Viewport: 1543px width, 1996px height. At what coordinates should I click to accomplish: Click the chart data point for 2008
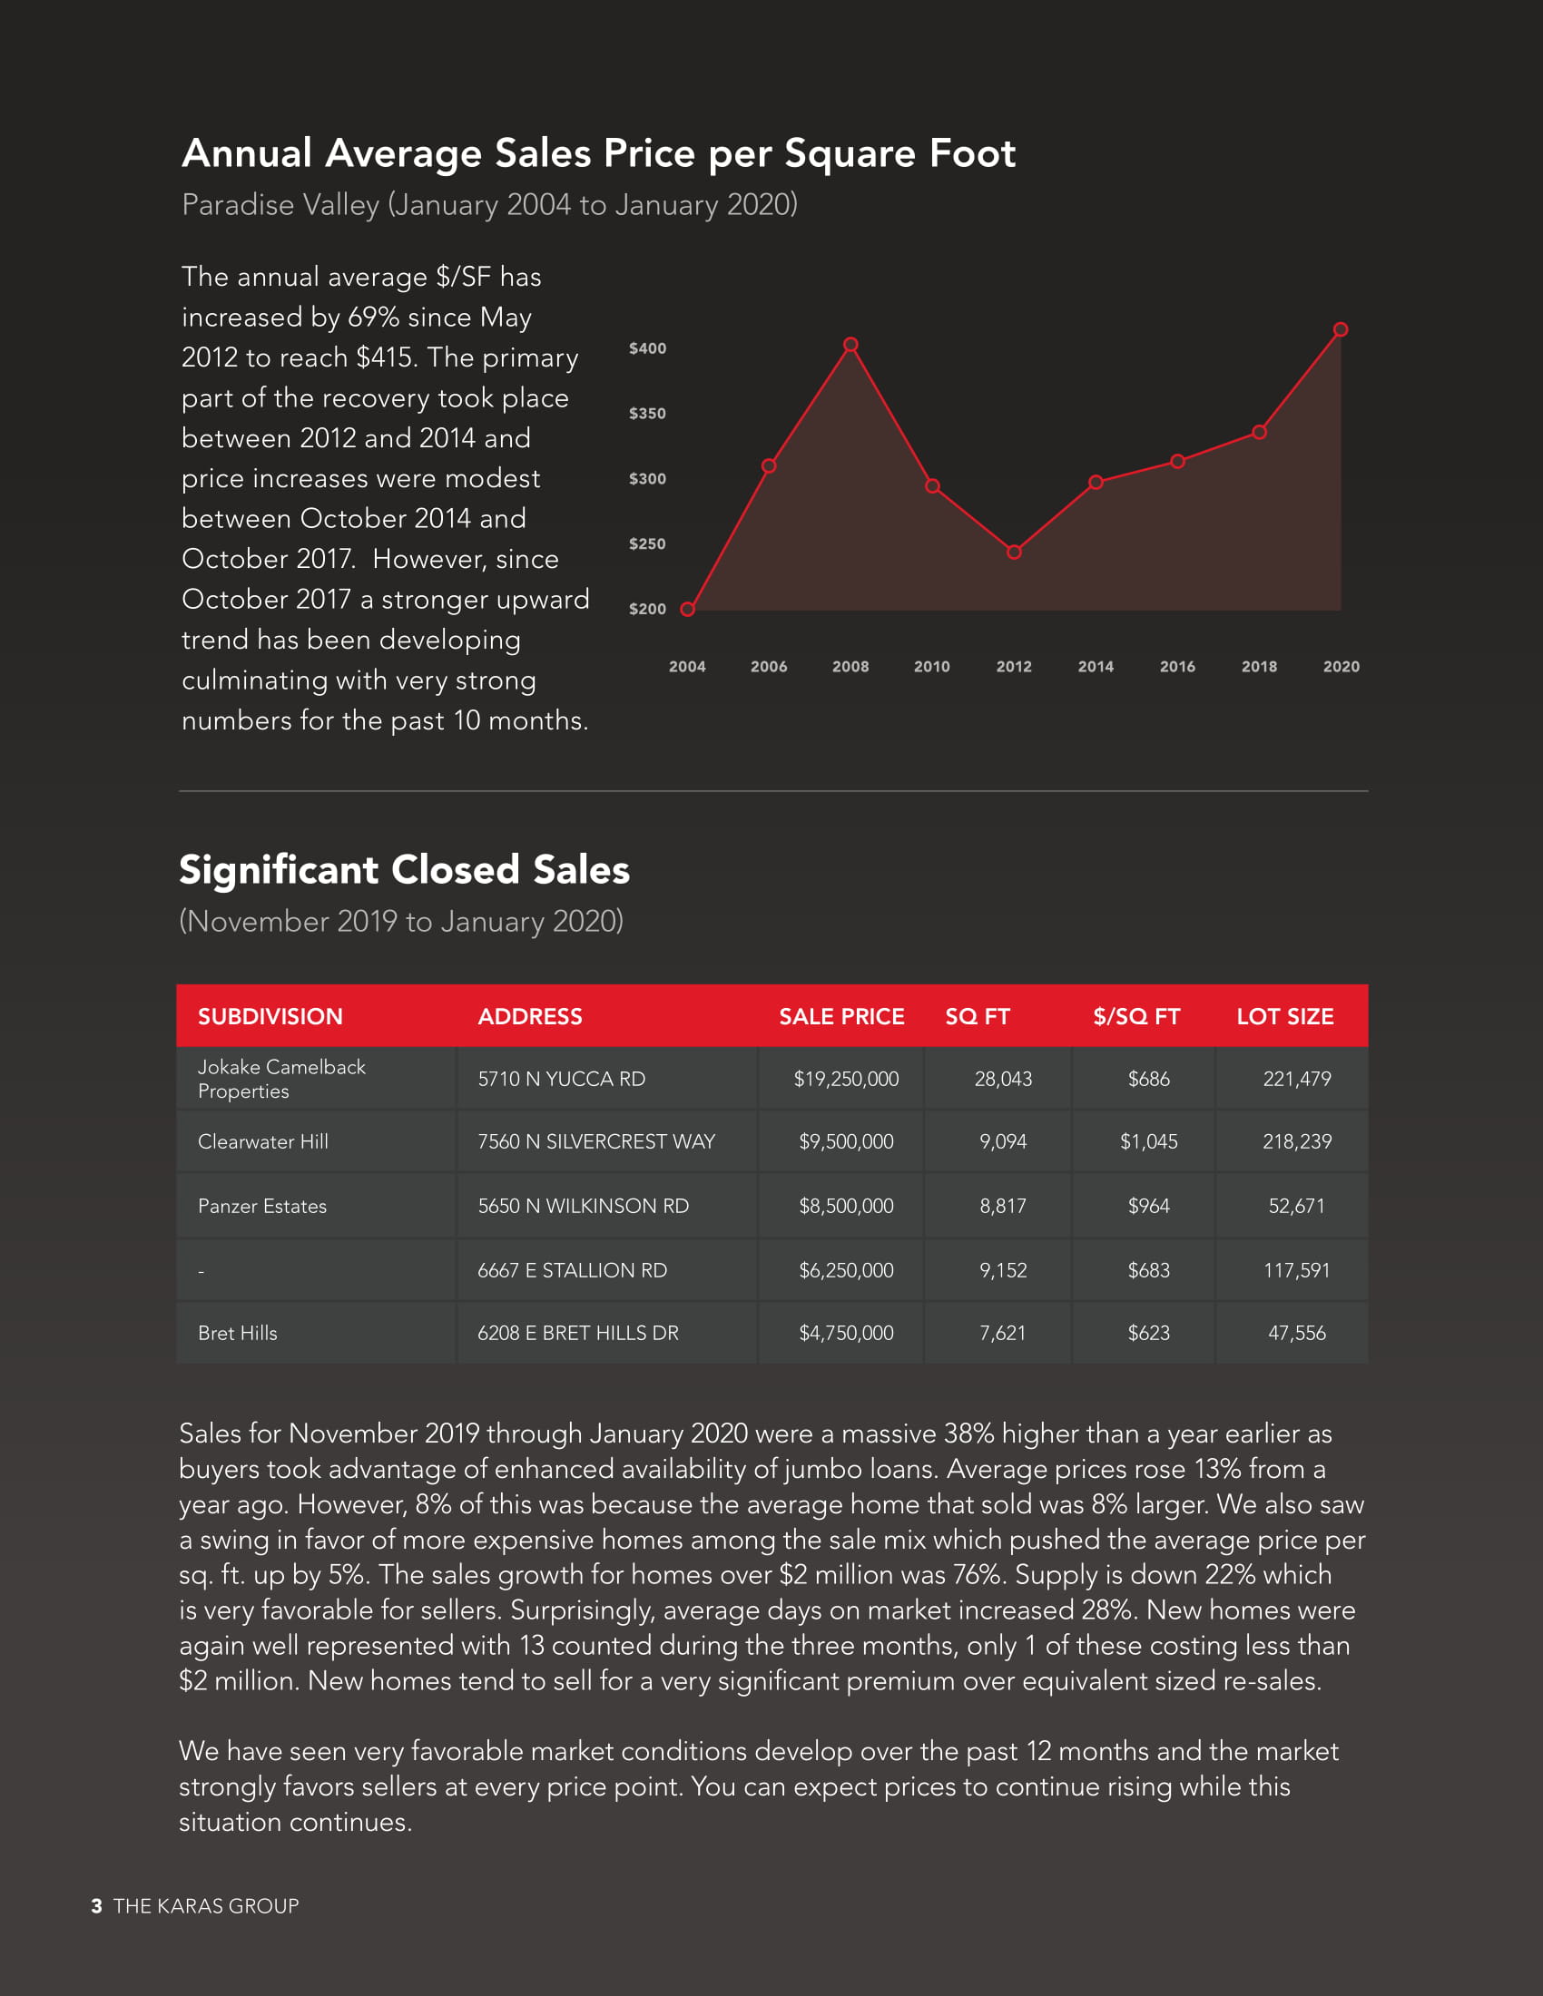point(850,345)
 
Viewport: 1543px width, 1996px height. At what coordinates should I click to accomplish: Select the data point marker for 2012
point(1014,552)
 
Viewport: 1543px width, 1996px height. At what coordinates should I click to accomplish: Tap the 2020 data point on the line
point(1340,330)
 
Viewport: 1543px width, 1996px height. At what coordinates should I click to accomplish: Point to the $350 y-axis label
point(647,413)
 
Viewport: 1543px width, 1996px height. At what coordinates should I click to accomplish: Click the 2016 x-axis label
point(1177,666)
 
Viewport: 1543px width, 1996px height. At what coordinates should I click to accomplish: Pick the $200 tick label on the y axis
point(647,609)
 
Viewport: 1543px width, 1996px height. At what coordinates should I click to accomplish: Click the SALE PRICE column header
point(841,1016)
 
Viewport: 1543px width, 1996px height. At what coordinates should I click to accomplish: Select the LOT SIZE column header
point(1284,1016)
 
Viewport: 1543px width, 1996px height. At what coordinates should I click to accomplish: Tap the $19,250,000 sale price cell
point(846,1079)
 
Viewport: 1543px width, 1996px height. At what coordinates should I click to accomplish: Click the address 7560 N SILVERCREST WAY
point(596,1141)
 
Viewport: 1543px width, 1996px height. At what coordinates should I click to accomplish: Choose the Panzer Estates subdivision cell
point(262,1206)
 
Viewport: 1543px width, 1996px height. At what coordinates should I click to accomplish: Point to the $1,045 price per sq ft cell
point(1148,1141)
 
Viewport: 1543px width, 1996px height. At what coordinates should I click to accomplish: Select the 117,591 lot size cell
point(1296,1269)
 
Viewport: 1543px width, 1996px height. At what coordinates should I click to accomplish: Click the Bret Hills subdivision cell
point(238,1333)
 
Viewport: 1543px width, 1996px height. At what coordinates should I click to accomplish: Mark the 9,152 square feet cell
point(1003,1269)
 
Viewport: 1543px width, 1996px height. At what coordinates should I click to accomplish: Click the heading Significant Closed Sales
point(404,869)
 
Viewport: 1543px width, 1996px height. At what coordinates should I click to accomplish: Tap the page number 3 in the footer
point(97,1905)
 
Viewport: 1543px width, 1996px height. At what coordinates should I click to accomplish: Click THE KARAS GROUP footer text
point(206,1905)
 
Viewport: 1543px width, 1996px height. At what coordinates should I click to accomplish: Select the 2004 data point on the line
point(687,610)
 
